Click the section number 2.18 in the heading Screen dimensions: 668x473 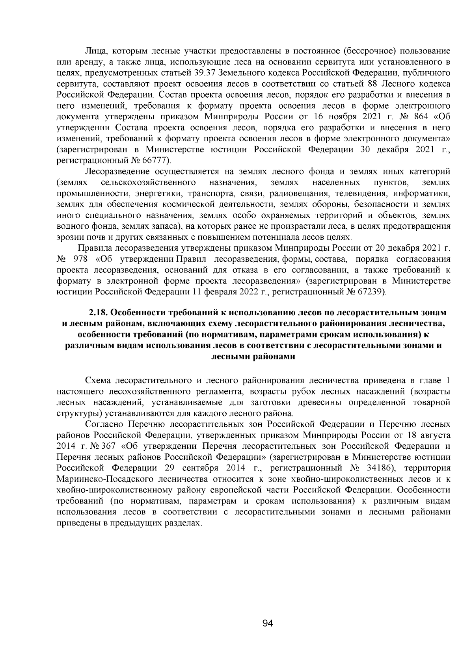click(x=99, y=313)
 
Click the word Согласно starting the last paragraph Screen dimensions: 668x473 click(x=104, y=424)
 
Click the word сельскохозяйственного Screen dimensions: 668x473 click(x=149, y=183)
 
